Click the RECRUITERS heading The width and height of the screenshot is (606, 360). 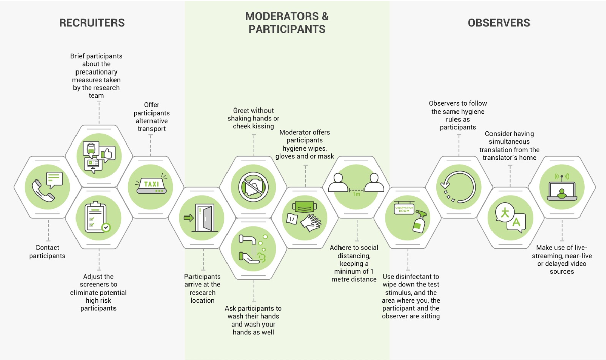click(92, 23)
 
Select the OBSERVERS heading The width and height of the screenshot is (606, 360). click(499, 23)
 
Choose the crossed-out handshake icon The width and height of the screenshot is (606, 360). click(254, 187)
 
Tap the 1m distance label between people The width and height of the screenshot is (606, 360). click(357, 194)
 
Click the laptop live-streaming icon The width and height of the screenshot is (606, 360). click(562, 188)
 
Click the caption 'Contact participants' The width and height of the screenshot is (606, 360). click(48, 252)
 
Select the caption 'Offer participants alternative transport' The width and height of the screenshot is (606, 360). click(151, 117)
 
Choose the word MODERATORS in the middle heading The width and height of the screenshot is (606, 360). click(287, 16)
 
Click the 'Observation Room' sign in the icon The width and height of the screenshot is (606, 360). click(404, 208)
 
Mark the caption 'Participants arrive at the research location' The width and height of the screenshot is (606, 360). click(203, 288)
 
